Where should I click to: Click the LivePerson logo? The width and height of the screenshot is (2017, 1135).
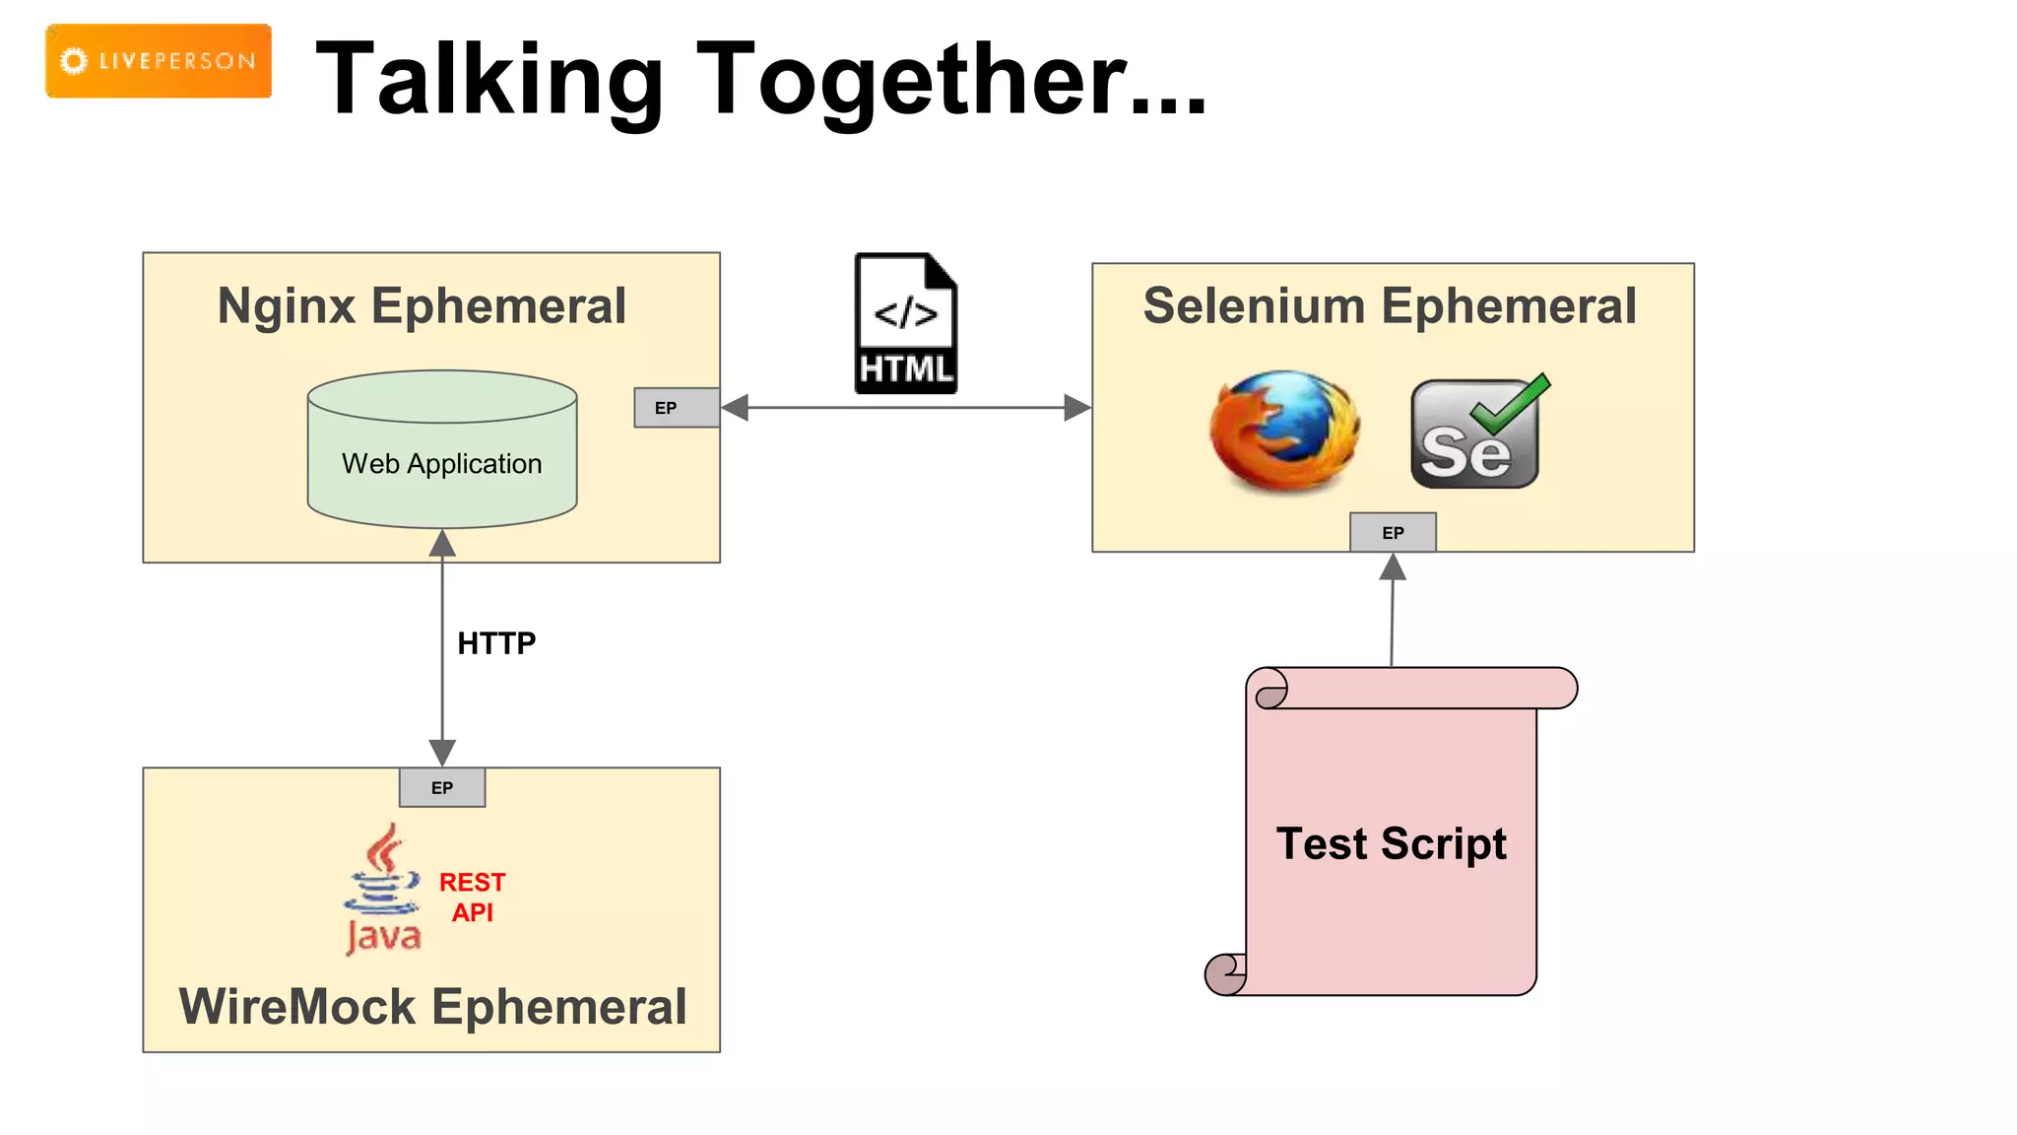tap(158, 61)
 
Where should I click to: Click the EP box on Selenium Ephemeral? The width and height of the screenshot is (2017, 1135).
tap(1393, 532)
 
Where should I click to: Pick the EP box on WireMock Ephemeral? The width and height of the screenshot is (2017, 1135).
tap(442, 787)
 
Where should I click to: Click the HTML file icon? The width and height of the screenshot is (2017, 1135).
tap(905, 323)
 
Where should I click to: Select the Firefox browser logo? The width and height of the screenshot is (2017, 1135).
tap(1284, 431)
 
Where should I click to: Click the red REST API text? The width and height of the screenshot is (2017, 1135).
tap(472, 897)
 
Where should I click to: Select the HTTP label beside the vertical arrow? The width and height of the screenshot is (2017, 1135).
tap(496, 643)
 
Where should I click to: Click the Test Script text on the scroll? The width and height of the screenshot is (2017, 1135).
tap(1391, 843)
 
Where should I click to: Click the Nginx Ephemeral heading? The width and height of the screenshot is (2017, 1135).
tap(422, 305)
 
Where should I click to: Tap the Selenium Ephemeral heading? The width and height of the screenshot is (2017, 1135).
tap(1390, 305)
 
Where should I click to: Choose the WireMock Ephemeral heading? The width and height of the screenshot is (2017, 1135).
tap(432, 1007)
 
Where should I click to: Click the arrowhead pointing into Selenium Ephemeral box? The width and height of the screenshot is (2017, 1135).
tap(1077, 408)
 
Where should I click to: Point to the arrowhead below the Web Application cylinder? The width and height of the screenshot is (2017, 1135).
tap(442, 543)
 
